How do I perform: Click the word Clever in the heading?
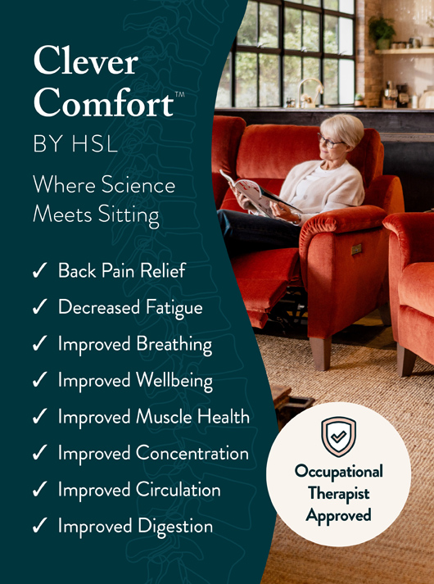85,62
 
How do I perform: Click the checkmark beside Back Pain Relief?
38,272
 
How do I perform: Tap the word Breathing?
174,345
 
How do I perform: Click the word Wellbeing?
174,381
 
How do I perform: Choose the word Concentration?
192,453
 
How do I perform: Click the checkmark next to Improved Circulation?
38,491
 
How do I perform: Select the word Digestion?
174,527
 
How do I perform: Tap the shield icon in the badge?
338,436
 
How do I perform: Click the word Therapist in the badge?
338,493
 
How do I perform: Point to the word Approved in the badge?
338,514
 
